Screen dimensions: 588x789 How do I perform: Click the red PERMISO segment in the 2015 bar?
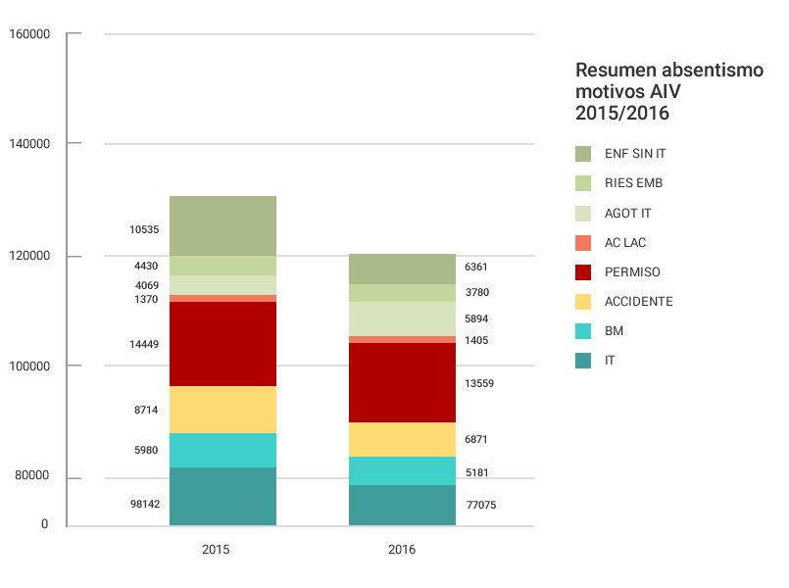coord(222,344)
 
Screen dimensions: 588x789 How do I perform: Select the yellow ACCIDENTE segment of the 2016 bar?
coord(402,439)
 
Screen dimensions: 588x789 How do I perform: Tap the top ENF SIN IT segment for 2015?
coord(222,225)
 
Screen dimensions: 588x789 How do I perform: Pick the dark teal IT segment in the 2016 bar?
coord(402,505)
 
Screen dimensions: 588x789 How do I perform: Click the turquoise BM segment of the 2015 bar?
coord(222,450)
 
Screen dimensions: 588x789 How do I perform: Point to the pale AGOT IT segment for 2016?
coord(402,318)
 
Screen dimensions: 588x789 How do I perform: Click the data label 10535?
coord(144,230)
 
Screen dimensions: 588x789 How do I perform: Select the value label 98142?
coord(144,504)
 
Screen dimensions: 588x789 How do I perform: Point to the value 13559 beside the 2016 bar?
coord(479,383)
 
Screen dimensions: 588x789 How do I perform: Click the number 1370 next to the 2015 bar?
coord(146,299)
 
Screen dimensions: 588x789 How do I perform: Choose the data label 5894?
coord(476,319)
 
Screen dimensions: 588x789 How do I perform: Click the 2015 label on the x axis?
coord(216,550)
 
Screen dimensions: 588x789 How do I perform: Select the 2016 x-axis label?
coord(402,550)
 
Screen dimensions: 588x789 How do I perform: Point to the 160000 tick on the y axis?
coord(28,34)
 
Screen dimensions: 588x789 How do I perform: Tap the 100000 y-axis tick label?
coord(28,366)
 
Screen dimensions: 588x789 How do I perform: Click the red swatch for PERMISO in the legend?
coord(583,271)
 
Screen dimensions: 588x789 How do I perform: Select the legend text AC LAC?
coord(625,242)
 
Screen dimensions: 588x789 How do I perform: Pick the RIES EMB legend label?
coord(633,183)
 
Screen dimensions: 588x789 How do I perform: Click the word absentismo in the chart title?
coord(698,71)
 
